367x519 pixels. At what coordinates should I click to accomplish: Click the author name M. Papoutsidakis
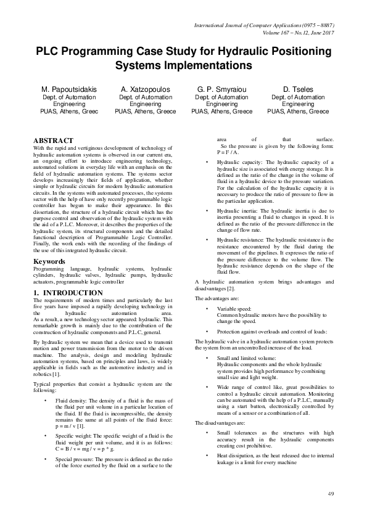coord(69,89)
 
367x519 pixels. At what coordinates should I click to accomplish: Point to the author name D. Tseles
coord(298,89)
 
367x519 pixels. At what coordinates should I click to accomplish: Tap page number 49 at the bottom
coord(331,494)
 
